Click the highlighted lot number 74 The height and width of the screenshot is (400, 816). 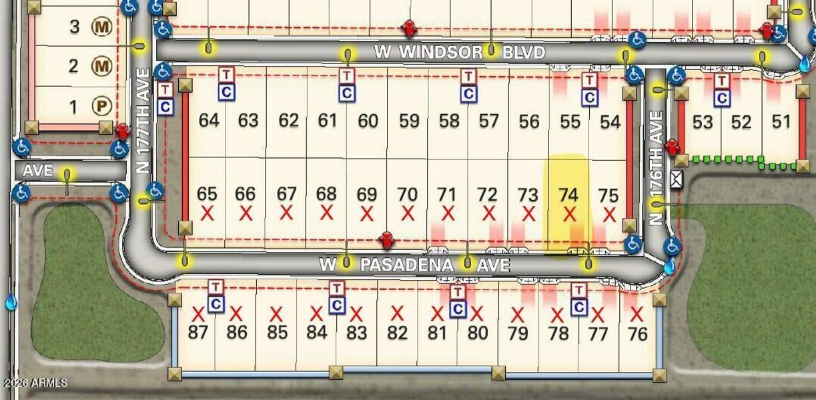(568, 195)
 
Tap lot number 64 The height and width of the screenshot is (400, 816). (209, 121)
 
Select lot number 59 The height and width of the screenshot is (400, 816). (408, 121)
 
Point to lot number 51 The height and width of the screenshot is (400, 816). (781, 122)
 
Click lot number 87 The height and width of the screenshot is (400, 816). (197, 332)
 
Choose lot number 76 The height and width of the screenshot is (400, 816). (638, 333)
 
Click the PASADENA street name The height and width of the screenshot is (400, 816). (407, 265)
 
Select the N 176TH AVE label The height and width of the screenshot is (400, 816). (657, 167)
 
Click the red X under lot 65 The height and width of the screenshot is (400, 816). (207, 214)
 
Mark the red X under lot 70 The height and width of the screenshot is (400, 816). (407, 214)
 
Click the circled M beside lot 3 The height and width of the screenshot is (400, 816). (101, 27)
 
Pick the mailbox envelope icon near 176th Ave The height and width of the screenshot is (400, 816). (677, 179)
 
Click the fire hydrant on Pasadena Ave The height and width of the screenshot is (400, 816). (385, 239)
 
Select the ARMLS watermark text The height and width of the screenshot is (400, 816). (35, 383)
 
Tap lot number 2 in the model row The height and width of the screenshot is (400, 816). (74, 66)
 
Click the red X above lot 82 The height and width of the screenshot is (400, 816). (397, 313)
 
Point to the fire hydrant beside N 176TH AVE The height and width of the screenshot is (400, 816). (672, 145)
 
